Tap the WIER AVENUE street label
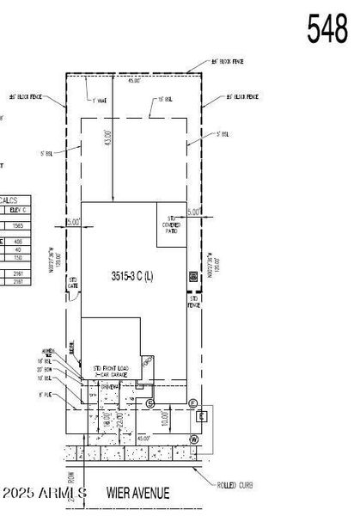[x=137, y=493]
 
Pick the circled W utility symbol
[x=193, y=439]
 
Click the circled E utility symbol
[x=192, y=403]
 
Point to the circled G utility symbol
[x=150, y=403]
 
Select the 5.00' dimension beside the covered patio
[x=193, y=212]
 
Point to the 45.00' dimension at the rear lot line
[x=133, y=81]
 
